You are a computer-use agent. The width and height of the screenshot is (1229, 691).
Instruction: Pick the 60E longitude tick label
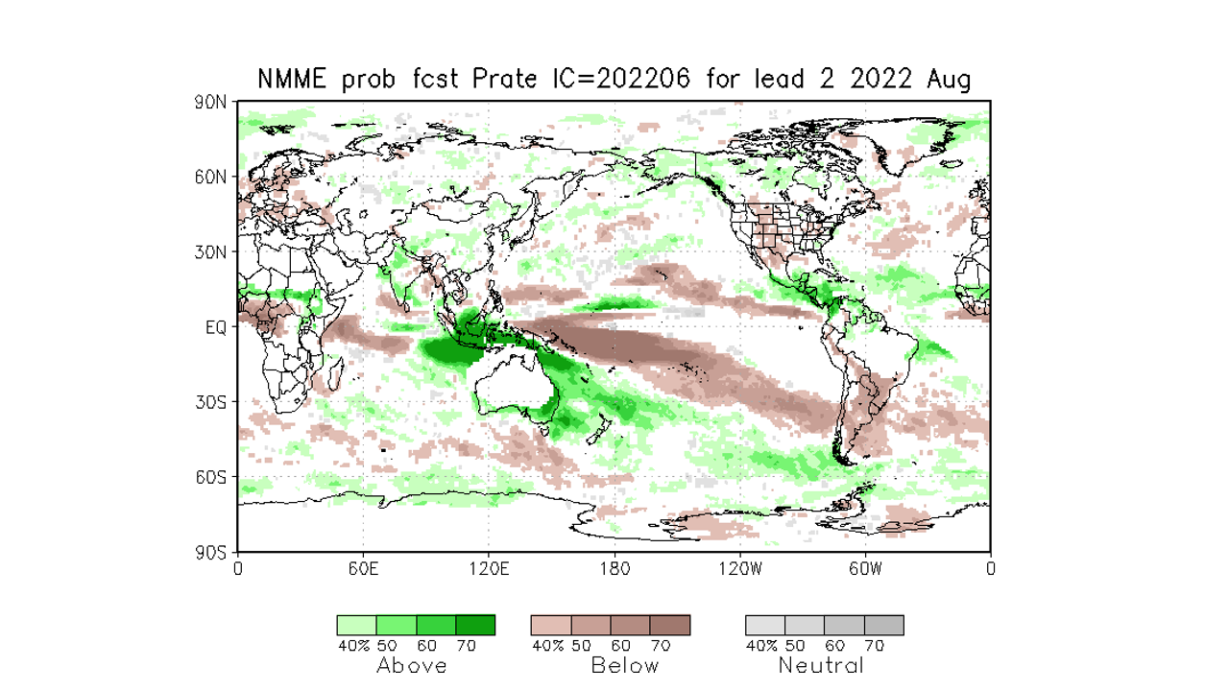point(363,568)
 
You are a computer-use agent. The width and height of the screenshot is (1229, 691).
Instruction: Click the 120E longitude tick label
point(489,568)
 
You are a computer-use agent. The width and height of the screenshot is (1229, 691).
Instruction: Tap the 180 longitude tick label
point(614,568)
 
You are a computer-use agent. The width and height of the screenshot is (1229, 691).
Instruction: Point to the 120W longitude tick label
point(739,568)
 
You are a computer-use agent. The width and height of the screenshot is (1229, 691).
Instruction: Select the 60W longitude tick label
point(865,568)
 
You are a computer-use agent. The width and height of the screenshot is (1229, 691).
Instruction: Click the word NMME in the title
point(294,80)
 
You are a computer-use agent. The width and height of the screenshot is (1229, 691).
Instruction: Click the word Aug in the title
point(949,80)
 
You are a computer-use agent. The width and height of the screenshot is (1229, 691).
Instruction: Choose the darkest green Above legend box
point(475,625)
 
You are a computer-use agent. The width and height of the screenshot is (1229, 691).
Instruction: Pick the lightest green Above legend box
point(356,625)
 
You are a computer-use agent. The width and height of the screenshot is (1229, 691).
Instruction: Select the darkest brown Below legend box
point(669,625)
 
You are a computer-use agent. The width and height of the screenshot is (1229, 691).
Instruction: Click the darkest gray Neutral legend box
point(883,625)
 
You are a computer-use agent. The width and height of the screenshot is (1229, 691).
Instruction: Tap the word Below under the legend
point(625,665)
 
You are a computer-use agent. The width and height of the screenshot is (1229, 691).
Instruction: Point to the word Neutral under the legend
point(821,665)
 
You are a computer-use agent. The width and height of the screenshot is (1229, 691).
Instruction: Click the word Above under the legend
point(411,665)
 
